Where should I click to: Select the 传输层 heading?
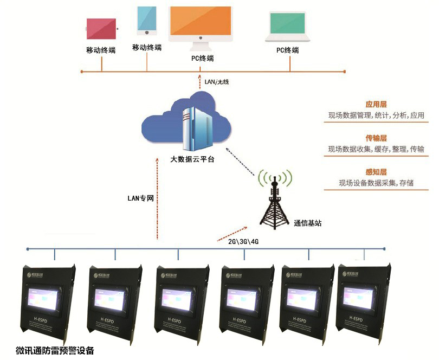click(x=376, y=138)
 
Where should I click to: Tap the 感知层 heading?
click(x=376, y=172)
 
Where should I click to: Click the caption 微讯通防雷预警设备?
click(x=55, y=350)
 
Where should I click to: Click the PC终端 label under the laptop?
click(x=287, y=50)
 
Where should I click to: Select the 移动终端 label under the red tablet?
click(x=101, y=50)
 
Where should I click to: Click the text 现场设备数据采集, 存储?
click(x=376, y=183)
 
